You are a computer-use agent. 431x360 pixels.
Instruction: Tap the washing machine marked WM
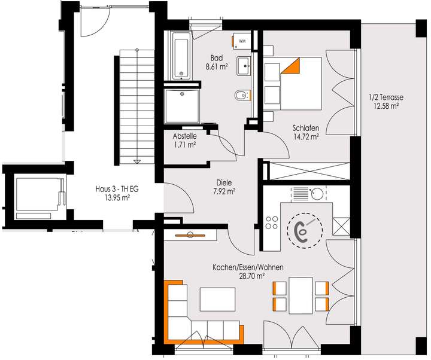point(242,40)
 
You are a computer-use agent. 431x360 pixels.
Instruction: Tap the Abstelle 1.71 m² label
point(185,140)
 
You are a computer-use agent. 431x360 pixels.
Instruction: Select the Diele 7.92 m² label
point(224,188)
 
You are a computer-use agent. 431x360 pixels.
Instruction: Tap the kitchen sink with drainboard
point(308,194)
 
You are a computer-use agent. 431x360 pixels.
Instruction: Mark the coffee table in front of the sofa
point(218,298)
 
